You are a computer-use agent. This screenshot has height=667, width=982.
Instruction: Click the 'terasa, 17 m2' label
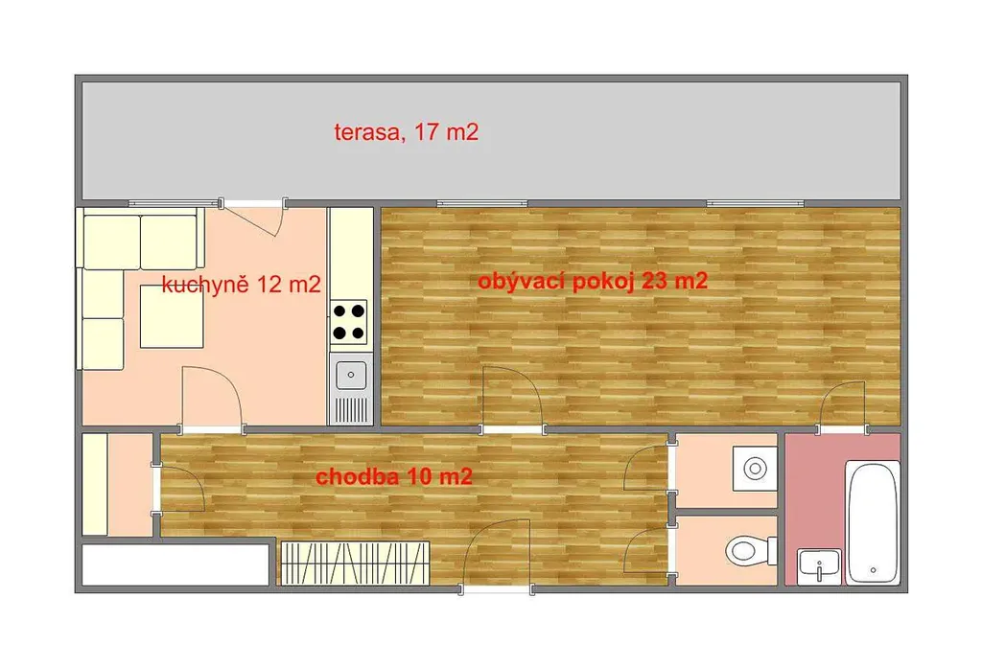407,132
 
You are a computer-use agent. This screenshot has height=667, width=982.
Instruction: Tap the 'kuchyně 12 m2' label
241,285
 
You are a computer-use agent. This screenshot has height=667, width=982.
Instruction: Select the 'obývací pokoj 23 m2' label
593,281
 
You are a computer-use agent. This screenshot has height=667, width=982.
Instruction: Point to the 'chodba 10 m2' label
394,477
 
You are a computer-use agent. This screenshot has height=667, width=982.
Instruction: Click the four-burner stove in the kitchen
349,322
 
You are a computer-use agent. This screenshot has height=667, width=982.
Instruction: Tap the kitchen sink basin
351,375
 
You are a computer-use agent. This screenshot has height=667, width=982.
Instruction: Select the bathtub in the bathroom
873,522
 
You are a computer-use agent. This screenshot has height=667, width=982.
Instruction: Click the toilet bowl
749,551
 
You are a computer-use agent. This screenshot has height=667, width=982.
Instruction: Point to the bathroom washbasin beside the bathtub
819,566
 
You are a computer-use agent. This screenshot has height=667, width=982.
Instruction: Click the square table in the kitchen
172,316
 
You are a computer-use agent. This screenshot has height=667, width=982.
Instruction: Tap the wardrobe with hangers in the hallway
355,563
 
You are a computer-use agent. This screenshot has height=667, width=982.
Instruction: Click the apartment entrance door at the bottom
496,555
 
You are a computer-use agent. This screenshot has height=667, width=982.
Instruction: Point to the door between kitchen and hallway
212,399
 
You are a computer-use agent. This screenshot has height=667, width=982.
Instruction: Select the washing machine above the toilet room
756,469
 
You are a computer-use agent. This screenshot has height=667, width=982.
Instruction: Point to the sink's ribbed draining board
351,410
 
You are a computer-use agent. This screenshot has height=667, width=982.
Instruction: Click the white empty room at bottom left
175,565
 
